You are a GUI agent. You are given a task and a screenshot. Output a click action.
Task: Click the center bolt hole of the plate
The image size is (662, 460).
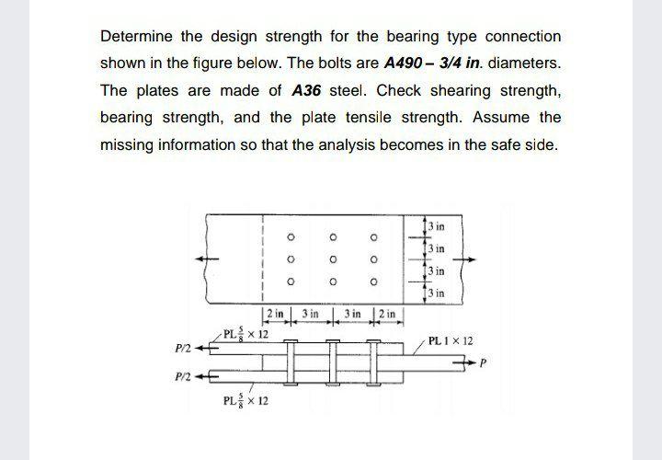pos(333,259)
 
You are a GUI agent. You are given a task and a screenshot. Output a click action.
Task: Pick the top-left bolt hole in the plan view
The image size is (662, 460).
pos(291,238)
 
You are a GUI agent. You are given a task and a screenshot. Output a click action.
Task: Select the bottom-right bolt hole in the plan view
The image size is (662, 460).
pos(374,281)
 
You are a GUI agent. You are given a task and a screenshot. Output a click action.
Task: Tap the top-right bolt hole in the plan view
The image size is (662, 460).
pos(374,238)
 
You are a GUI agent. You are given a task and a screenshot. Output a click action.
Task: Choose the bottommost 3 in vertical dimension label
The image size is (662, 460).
pos(436,293)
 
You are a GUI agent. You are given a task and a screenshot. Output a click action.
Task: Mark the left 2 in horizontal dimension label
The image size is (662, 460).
pos(275,315)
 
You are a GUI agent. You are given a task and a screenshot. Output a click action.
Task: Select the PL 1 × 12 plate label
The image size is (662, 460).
pos(453,340)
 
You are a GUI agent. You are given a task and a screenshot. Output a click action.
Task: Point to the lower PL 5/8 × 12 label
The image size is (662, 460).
pos(245,401)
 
